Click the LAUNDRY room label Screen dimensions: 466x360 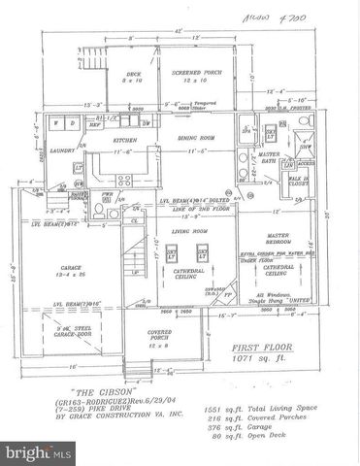pyautogui.click(x=62, y=150)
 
